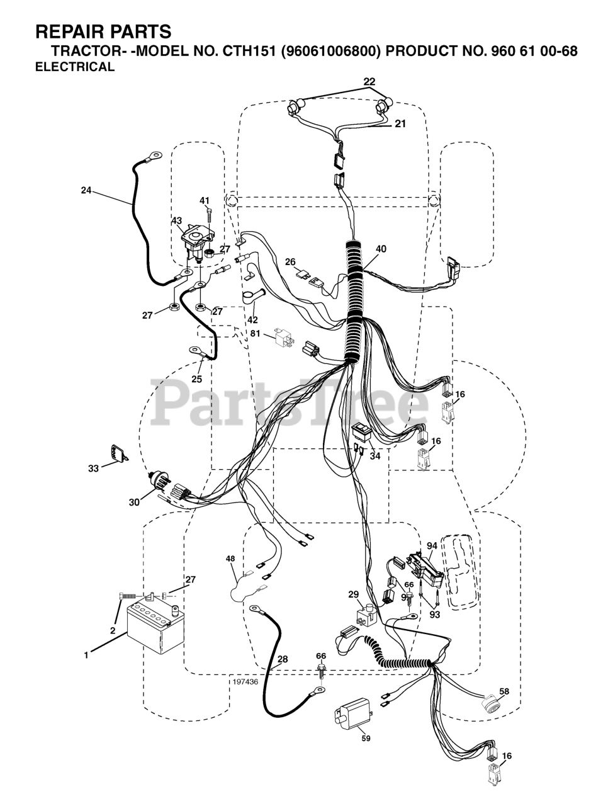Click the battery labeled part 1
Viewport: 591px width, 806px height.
(x=154, y=630)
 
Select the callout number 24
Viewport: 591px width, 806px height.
(x=86, y=190)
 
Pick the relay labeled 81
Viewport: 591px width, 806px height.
(x=283, y=339)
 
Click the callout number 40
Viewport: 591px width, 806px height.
(x=381, y=249)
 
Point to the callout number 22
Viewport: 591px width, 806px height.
(x=369, y=81)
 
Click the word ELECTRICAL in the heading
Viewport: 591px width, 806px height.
(x=75, y=67)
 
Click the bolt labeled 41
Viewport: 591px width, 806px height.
(x=208, y=216)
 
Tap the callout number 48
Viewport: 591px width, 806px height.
(x=230, y=559)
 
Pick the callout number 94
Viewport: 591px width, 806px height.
(x=431, y=546)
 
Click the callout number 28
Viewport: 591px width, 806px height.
(x=283, y=659)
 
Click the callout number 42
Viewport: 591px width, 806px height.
(x=252, y=319)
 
